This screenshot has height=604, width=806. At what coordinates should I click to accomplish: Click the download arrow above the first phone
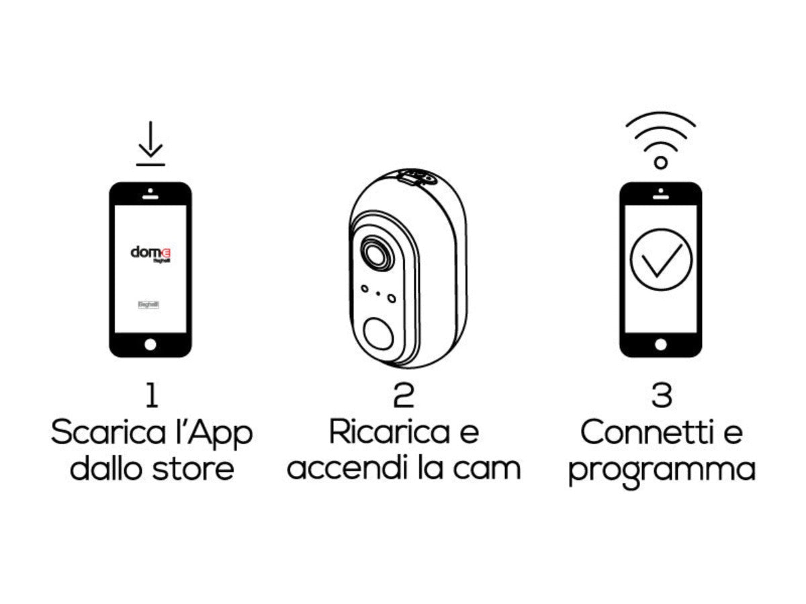click(150, 143)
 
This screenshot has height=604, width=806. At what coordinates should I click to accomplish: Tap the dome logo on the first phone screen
click(150, 253)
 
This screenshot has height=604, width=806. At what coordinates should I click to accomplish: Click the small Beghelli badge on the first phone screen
click(148, 304)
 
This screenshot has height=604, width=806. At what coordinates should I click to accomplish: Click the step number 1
click(152, 397)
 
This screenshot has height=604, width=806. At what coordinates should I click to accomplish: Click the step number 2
click(403, 397)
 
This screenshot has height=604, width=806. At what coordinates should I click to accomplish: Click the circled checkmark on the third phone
click(661, 259)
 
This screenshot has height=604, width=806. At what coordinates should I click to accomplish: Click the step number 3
click(661, 397)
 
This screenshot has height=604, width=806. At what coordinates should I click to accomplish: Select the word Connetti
click(641, 433)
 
